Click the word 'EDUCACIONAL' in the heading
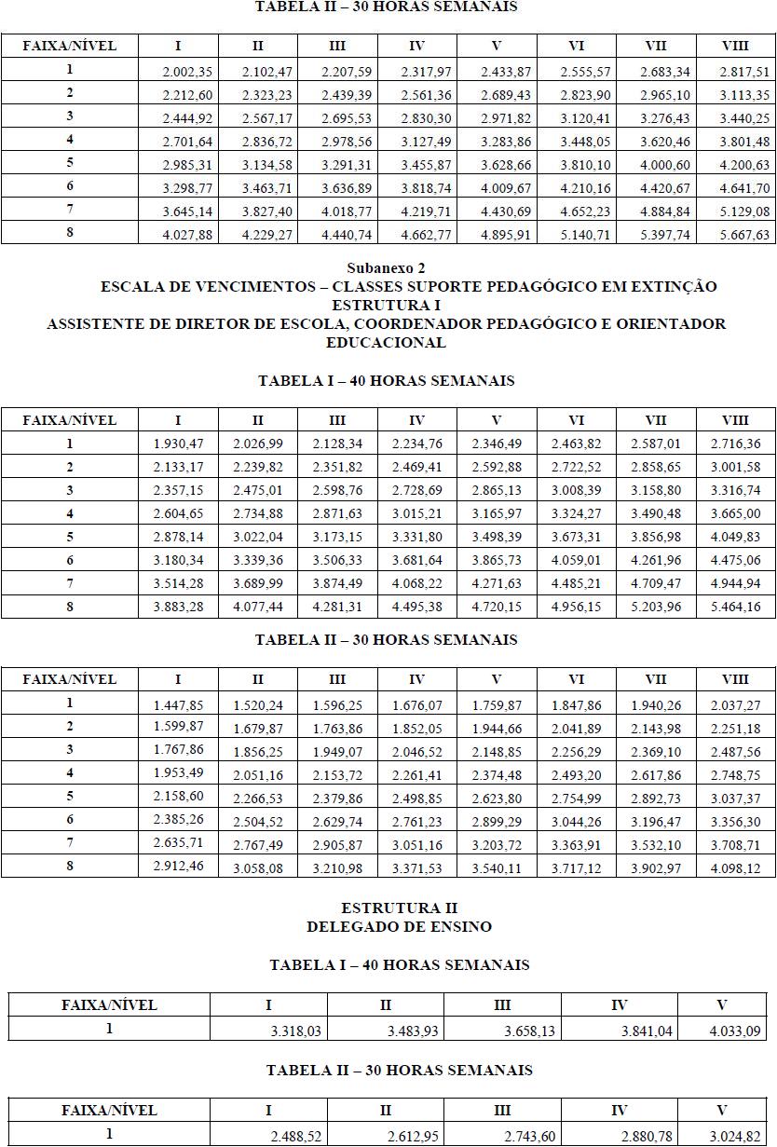click(x=386, y=343)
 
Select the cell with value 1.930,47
click(x=177, y=444)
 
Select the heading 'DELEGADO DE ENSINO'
click(x=399, y=926)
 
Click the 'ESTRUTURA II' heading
click(x=399, y=908)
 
